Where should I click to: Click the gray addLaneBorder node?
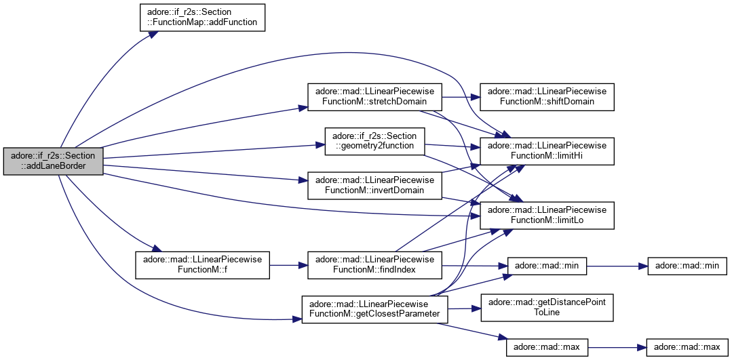pyautogui.click(x=53, y=161)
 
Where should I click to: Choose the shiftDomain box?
pyautogui.click(x=547, y=96)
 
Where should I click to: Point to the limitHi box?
pyautogui.click(x=547, y=151)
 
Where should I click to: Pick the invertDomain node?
pyautogui.click(x=375, y=185)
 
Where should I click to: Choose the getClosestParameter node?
pyautogui.click(x=375, y=308)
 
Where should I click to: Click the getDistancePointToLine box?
pyautogui.click(x=547, y=308)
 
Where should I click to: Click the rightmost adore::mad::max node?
pyautogui.click(x=687, y=347)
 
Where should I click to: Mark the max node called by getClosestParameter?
pyautogui.click(x=547, y=347)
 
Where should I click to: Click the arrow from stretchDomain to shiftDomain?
pyautogui.click(x=461, y=96)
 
